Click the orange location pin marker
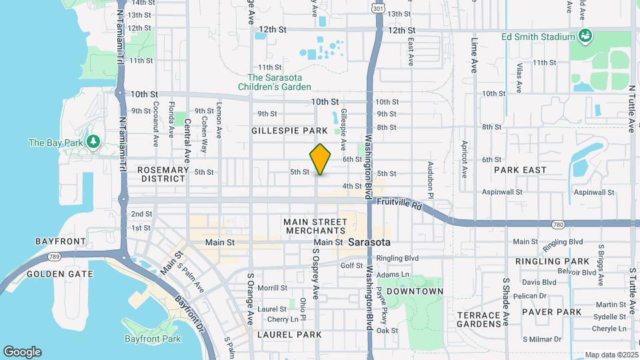tap(321, 159)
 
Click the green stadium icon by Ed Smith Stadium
tap(585, 36)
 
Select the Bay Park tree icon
tap(93, 142)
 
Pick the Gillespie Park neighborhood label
tap(289, 131)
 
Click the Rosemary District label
tap(163, 174)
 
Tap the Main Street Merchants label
tap(315, 226)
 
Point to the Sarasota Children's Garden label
tap(279, 82)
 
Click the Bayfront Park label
tap(152, 339)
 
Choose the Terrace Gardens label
tap(479, 319)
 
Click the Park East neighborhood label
tap(520, 170)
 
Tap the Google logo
tap(21, 351)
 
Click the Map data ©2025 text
tap(611, 355)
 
